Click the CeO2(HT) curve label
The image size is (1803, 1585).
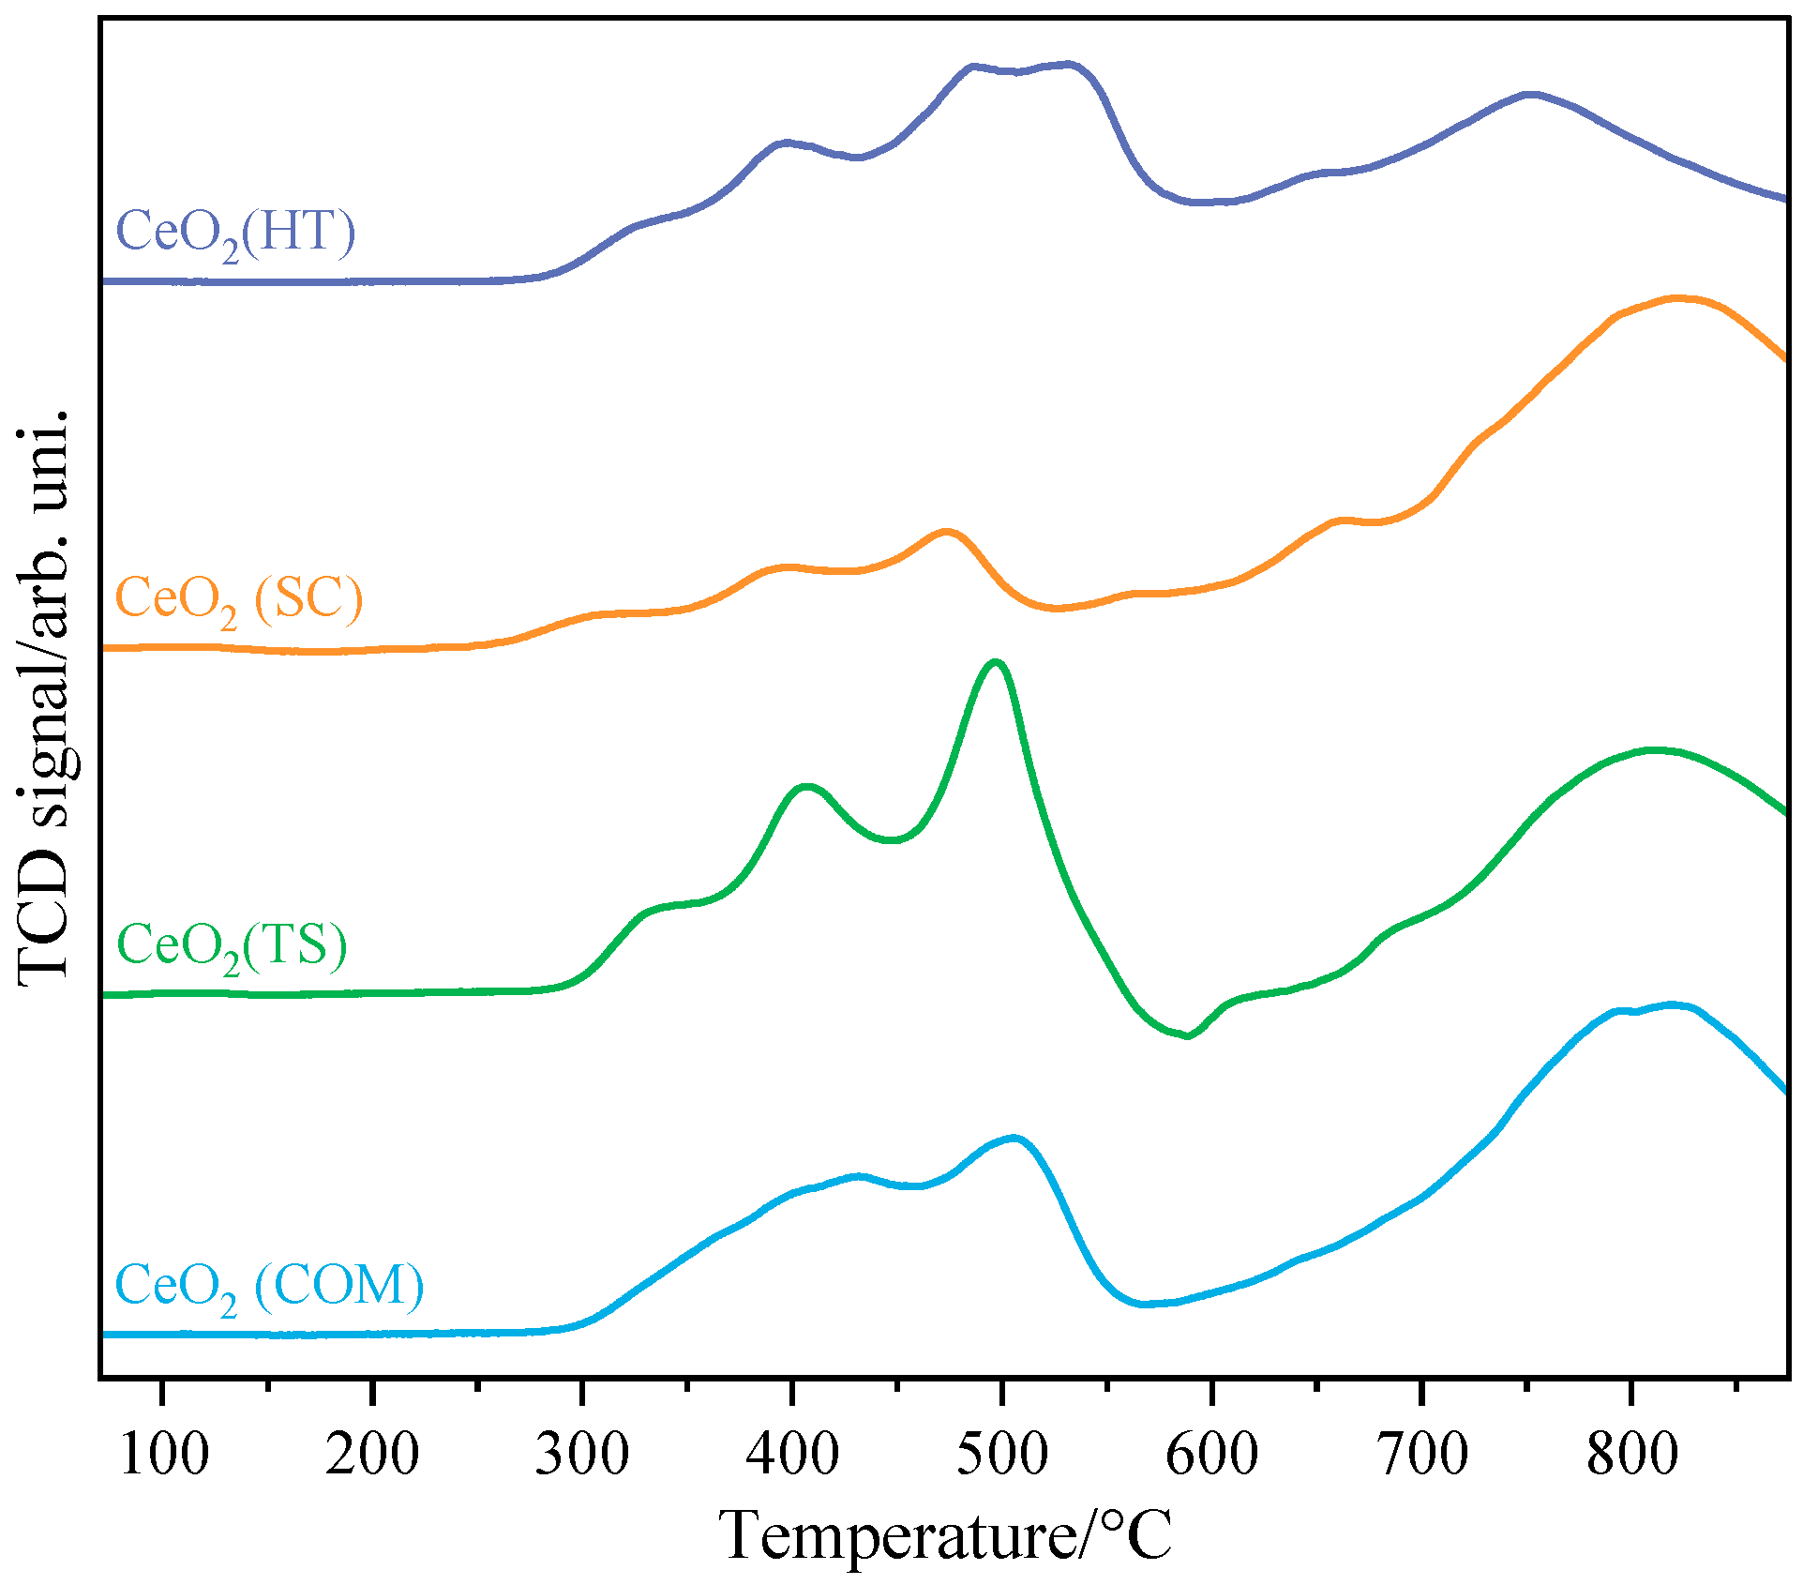click(x=235, y=233)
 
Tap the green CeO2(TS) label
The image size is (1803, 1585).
click(x=232, y=945)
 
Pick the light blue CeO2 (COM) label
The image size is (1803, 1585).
click(x=269, y=1286)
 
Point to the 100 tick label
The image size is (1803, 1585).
click(x=163, y=1455)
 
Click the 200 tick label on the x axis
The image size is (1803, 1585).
click(x=372, y=1455)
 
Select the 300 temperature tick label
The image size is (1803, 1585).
click(x=582, y=1455)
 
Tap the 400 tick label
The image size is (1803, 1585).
click(x=792, y=1455)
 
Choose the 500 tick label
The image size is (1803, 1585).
click(x=1002, y=1455)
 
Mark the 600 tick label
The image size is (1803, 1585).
click(x=1212, y=1455)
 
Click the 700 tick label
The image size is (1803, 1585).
click(x=1422, y=1455)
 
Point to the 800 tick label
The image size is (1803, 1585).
click(x=1632, y=1455)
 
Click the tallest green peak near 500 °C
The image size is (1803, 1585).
click(x=996, y=663)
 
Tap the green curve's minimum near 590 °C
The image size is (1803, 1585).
click(x=1188, y=1035)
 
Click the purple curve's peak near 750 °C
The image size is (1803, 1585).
click(x=1531, y=95)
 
